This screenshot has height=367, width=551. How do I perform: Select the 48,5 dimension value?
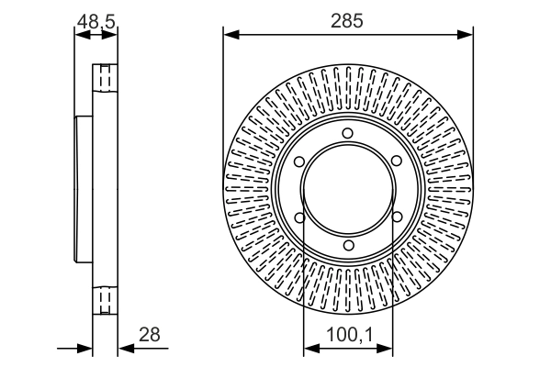tap(96, 18)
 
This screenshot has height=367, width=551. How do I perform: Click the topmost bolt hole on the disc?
tap(347, 134)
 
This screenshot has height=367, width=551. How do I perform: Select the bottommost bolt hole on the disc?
tap(347, 245)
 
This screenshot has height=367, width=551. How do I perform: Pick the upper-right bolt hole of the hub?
tap(396, 162)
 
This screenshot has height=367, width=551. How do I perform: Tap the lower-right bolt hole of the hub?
tap(396, 217)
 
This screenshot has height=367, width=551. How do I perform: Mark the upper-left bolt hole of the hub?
tap(299, 162)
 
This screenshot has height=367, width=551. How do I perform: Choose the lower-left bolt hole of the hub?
tap(299, 217)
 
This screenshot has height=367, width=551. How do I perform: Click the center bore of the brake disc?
tap(347, 190)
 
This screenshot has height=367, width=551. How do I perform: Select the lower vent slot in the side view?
tap(106, 301)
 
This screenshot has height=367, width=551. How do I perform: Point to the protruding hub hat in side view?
tap(84, 190)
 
